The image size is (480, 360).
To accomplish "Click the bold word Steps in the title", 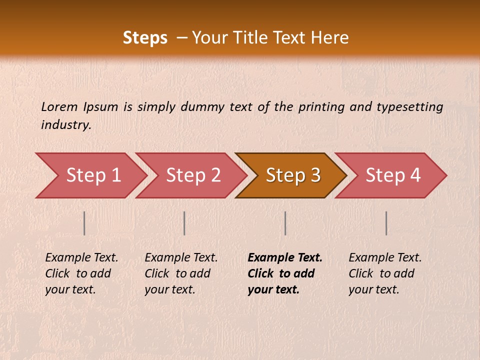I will coord(145,37).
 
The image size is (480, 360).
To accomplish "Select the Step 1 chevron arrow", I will coord(93,175).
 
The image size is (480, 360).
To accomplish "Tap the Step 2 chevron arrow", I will coord(193,175).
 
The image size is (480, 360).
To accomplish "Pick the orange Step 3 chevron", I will coord(293,175).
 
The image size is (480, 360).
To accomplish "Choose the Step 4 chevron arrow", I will coord(393,175).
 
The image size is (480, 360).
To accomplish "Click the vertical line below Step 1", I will coord(84,223).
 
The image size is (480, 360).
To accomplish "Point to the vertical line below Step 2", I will coord(184,223).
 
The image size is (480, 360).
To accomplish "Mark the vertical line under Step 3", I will coord(285,223).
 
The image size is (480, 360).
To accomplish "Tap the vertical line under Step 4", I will coord(386,223).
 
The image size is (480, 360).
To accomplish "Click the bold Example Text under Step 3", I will coord(285,273).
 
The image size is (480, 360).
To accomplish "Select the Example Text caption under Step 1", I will coord(81,273).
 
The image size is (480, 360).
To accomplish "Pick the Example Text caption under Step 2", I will coord(181,273).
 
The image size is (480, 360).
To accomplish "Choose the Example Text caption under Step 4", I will coord(385,273).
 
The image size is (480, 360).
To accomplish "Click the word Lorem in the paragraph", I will coord(59,106).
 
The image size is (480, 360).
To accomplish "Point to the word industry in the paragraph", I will coord(65,125).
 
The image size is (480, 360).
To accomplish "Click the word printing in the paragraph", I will coord(321,106).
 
